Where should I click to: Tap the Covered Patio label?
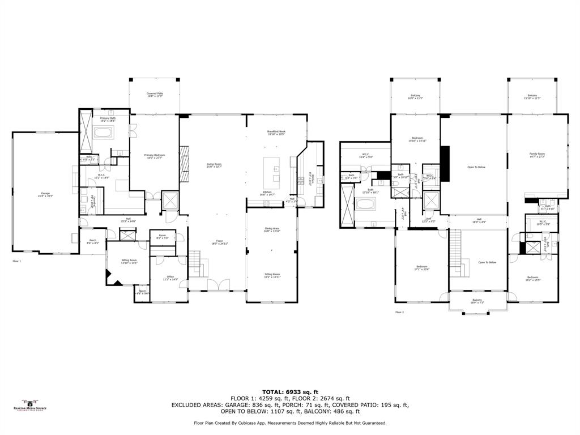click(155, 95)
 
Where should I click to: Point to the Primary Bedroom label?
click(153, 156)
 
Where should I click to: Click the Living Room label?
click(214, 165)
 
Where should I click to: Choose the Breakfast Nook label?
click(276, 133)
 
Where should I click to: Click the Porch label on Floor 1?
click(92, 241)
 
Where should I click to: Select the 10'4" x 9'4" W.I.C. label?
click(365, 155)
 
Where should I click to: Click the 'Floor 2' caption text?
click(400, 312)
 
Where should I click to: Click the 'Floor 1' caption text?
click(17, 261)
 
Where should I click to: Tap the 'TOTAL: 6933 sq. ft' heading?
click(290, 392)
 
